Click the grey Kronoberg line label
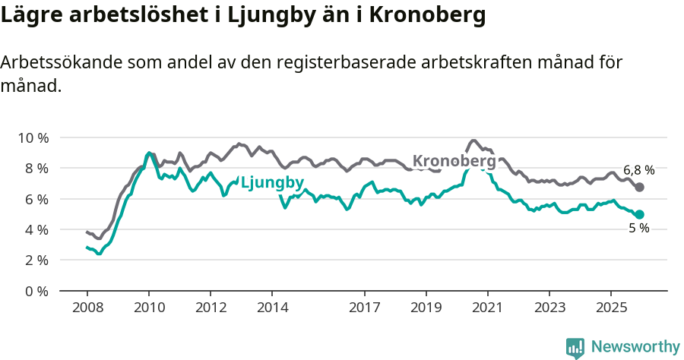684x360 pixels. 454,161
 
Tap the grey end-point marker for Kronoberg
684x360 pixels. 639,187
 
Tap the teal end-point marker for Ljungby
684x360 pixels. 639,214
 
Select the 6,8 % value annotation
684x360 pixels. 638,170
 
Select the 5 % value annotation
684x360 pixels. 638,229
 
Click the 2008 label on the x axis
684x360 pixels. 87,308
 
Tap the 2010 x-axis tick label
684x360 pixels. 148,308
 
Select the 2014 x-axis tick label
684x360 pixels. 272,308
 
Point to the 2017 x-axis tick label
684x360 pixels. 365,308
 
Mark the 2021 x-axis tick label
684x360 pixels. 488,308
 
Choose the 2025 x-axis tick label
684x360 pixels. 611,308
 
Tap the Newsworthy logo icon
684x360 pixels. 575,348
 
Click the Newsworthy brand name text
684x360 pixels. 635,347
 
